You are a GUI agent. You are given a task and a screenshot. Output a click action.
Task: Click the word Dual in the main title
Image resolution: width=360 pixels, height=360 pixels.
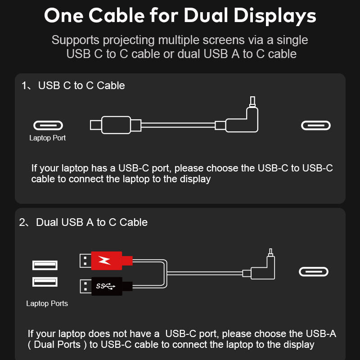click(206, 15)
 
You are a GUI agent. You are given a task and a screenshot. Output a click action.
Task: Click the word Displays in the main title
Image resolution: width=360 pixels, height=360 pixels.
click(275, 17)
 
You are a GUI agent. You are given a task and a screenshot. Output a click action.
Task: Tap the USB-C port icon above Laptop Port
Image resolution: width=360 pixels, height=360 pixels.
click(48, 126)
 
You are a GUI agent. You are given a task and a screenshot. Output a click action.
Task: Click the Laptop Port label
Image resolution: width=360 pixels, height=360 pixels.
click(47, 138)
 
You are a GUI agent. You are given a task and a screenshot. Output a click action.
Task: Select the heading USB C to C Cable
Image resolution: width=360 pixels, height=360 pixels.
click(81, 85)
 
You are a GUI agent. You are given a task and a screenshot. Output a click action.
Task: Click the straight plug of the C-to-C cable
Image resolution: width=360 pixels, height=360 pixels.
click(116, 125)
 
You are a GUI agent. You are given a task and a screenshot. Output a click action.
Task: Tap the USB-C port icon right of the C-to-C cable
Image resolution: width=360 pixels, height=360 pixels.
click(316, 126)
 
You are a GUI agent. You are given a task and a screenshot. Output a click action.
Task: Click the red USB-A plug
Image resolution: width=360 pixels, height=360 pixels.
click(106, 261)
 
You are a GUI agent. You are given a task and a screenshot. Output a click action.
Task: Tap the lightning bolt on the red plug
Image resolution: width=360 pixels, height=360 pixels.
click(104, 261)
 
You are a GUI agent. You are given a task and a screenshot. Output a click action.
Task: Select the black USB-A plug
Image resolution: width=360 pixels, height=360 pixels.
click(106, 286)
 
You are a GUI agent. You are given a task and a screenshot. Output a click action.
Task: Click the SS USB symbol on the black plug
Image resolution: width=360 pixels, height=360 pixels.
click(105, 286)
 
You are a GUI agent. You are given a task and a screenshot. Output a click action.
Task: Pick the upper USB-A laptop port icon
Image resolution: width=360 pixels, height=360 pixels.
click(45, 265)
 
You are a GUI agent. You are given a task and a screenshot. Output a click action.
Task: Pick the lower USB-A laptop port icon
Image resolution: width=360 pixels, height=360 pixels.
click(45, 282)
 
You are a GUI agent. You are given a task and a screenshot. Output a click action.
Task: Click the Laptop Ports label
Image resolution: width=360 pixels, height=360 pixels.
click(47, 303)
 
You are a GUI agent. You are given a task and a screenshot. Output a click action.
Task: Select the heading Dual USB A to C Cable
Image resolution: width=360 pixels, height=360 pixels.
click(92, 222)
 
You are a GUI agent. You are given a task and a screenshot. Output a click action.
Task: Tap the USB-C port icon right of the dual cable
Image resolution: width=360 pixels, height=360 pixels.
click(314, 272)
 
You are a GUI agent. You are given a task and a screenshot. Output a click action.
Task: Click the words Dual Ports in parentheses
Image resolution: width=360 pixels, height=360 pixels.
click(57, 344)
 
